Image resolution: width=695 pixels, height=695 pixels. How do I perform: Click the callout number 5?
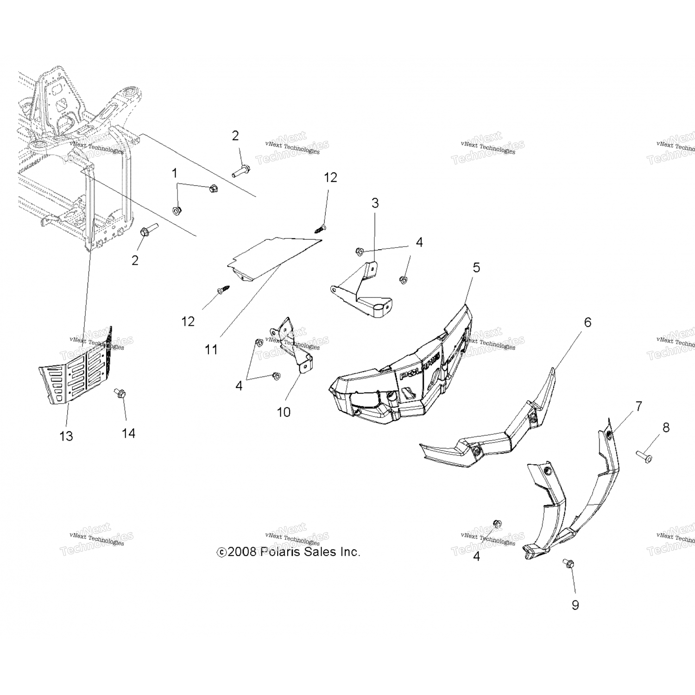(x=476, y=268)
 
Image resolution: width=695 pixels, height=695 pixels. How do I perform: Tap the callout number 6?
(x=588, y=322)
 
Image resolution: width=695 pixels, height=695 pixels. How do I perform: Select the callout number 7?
(x=638, y=407)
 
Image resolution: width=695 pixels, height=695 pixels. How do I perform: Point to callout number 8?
(x=666, y=427)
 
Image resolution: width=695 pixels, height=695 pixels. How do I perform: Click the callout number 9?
(x=575, y=605)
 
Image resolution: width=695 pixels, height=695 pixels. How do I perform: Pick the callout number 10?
(x=284, y=411)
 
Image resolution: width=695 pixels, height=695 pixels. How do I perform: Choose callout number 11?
(x=211, y=349)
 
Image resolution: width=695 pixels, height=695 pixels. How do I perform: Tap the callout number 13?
(x=66, y=436)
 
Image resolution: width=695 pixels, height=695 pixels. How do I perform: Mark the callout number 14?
(x=128, y=433)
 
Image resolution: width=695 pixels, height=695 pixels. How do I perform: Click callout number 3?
(x=375, y=203)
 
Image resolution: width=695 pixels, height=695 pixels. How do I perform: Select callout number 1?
(x=175, y=173)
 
